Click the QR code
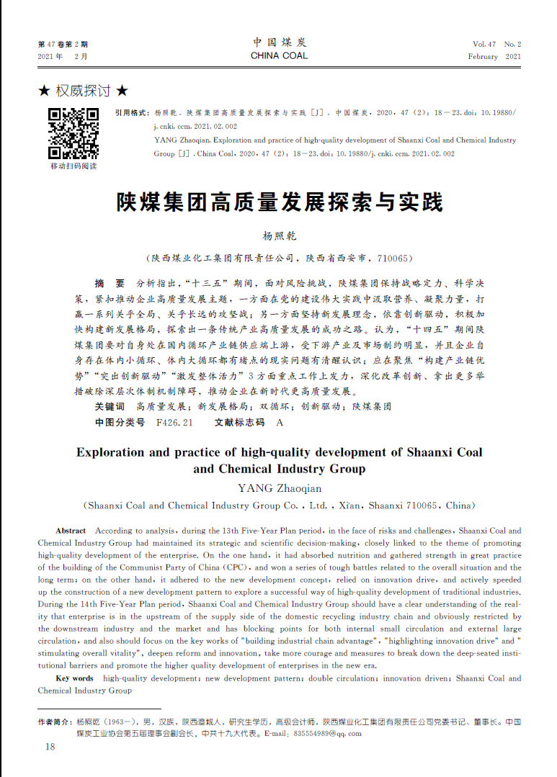pos(73,133)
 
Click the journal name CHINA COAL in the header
pos(279,55)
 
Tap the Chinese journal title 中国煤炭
pos(279,42)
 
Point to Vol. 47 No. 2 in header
pos(496,44)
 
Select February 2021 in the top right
pos(494,56)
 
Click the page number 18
pos(50,747)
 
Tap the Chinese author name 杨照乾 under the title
pos(279,236)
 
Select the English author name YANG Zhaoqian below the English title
pos(279,488)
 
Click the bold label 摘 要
pos(110,283)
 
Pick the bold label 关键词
pos(110,406)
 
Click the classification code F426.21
pos(174,423)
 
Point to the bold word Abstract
pos(71,531)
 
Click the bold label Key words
pos(74,678)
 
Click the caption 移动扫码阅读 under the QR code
pos(73,166)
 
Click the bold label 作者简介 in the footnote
pos(55,721)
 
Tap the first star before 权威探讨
pos(44,91)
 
